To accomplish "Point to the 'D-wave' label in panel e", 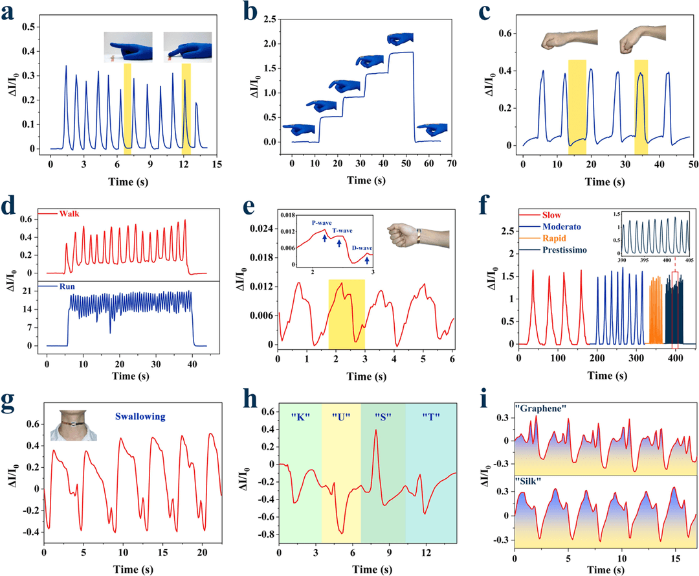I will pos(362,248).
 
